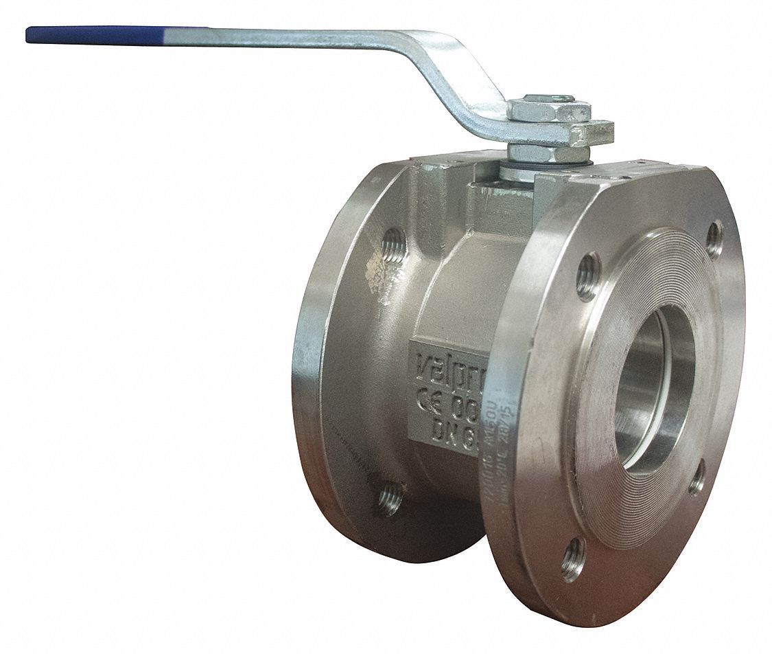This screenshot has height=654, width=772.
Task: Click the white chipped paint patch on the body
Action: click(381, 275)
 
